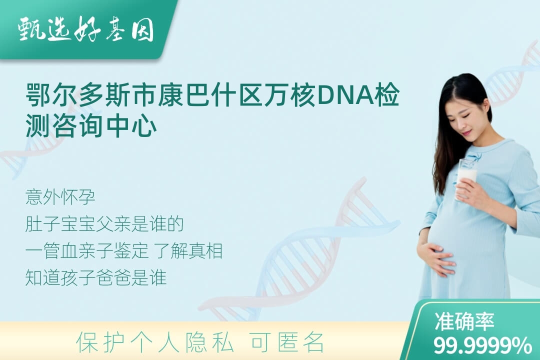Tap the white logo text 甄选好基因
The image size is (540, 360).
point(86,30)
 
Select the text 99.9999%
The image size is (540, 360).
point(482,345)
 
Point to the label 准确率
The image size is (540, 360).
point(464,321)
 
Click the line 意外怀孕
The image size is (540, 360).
point(60,197)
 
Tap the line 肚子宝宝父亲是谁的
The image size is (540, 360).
point(104,224)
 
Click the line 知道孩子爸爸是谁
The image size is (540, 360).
point(95,277)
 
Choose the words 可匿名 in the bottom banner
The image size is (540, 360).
point(287,342)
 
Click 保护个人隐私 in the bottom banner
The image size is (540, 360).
point(155,342)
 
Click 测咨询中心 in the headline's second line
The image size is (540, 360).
point(91,126)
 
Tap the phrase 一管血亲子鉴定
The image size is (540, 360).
point(86,251)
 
